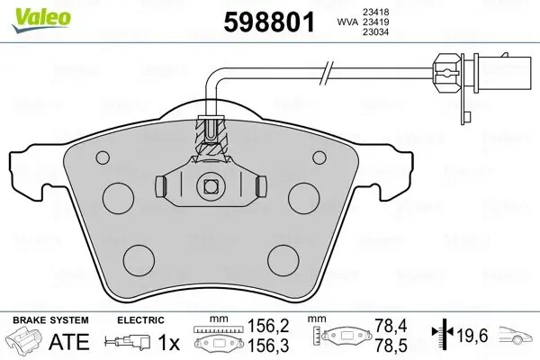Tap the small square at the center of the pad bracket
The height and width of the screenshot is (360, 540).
click(211, 186)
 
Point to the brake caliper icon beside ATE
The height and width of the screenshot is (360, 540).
click(26, 343)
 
